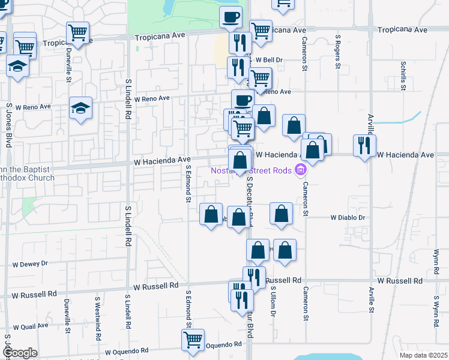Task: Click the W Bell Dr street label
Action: click(269, 60)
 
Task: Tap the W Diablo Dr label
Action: click(348, 218)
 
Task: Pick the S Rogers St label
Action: click(338, 49)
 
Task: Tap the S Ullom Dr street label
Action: click(273, 303)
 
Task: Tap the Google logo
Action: click(19, 353)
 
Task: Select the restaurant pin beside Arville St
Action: click(365, 145)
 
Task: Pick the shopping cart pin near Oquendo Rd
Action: click(193, 340)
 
